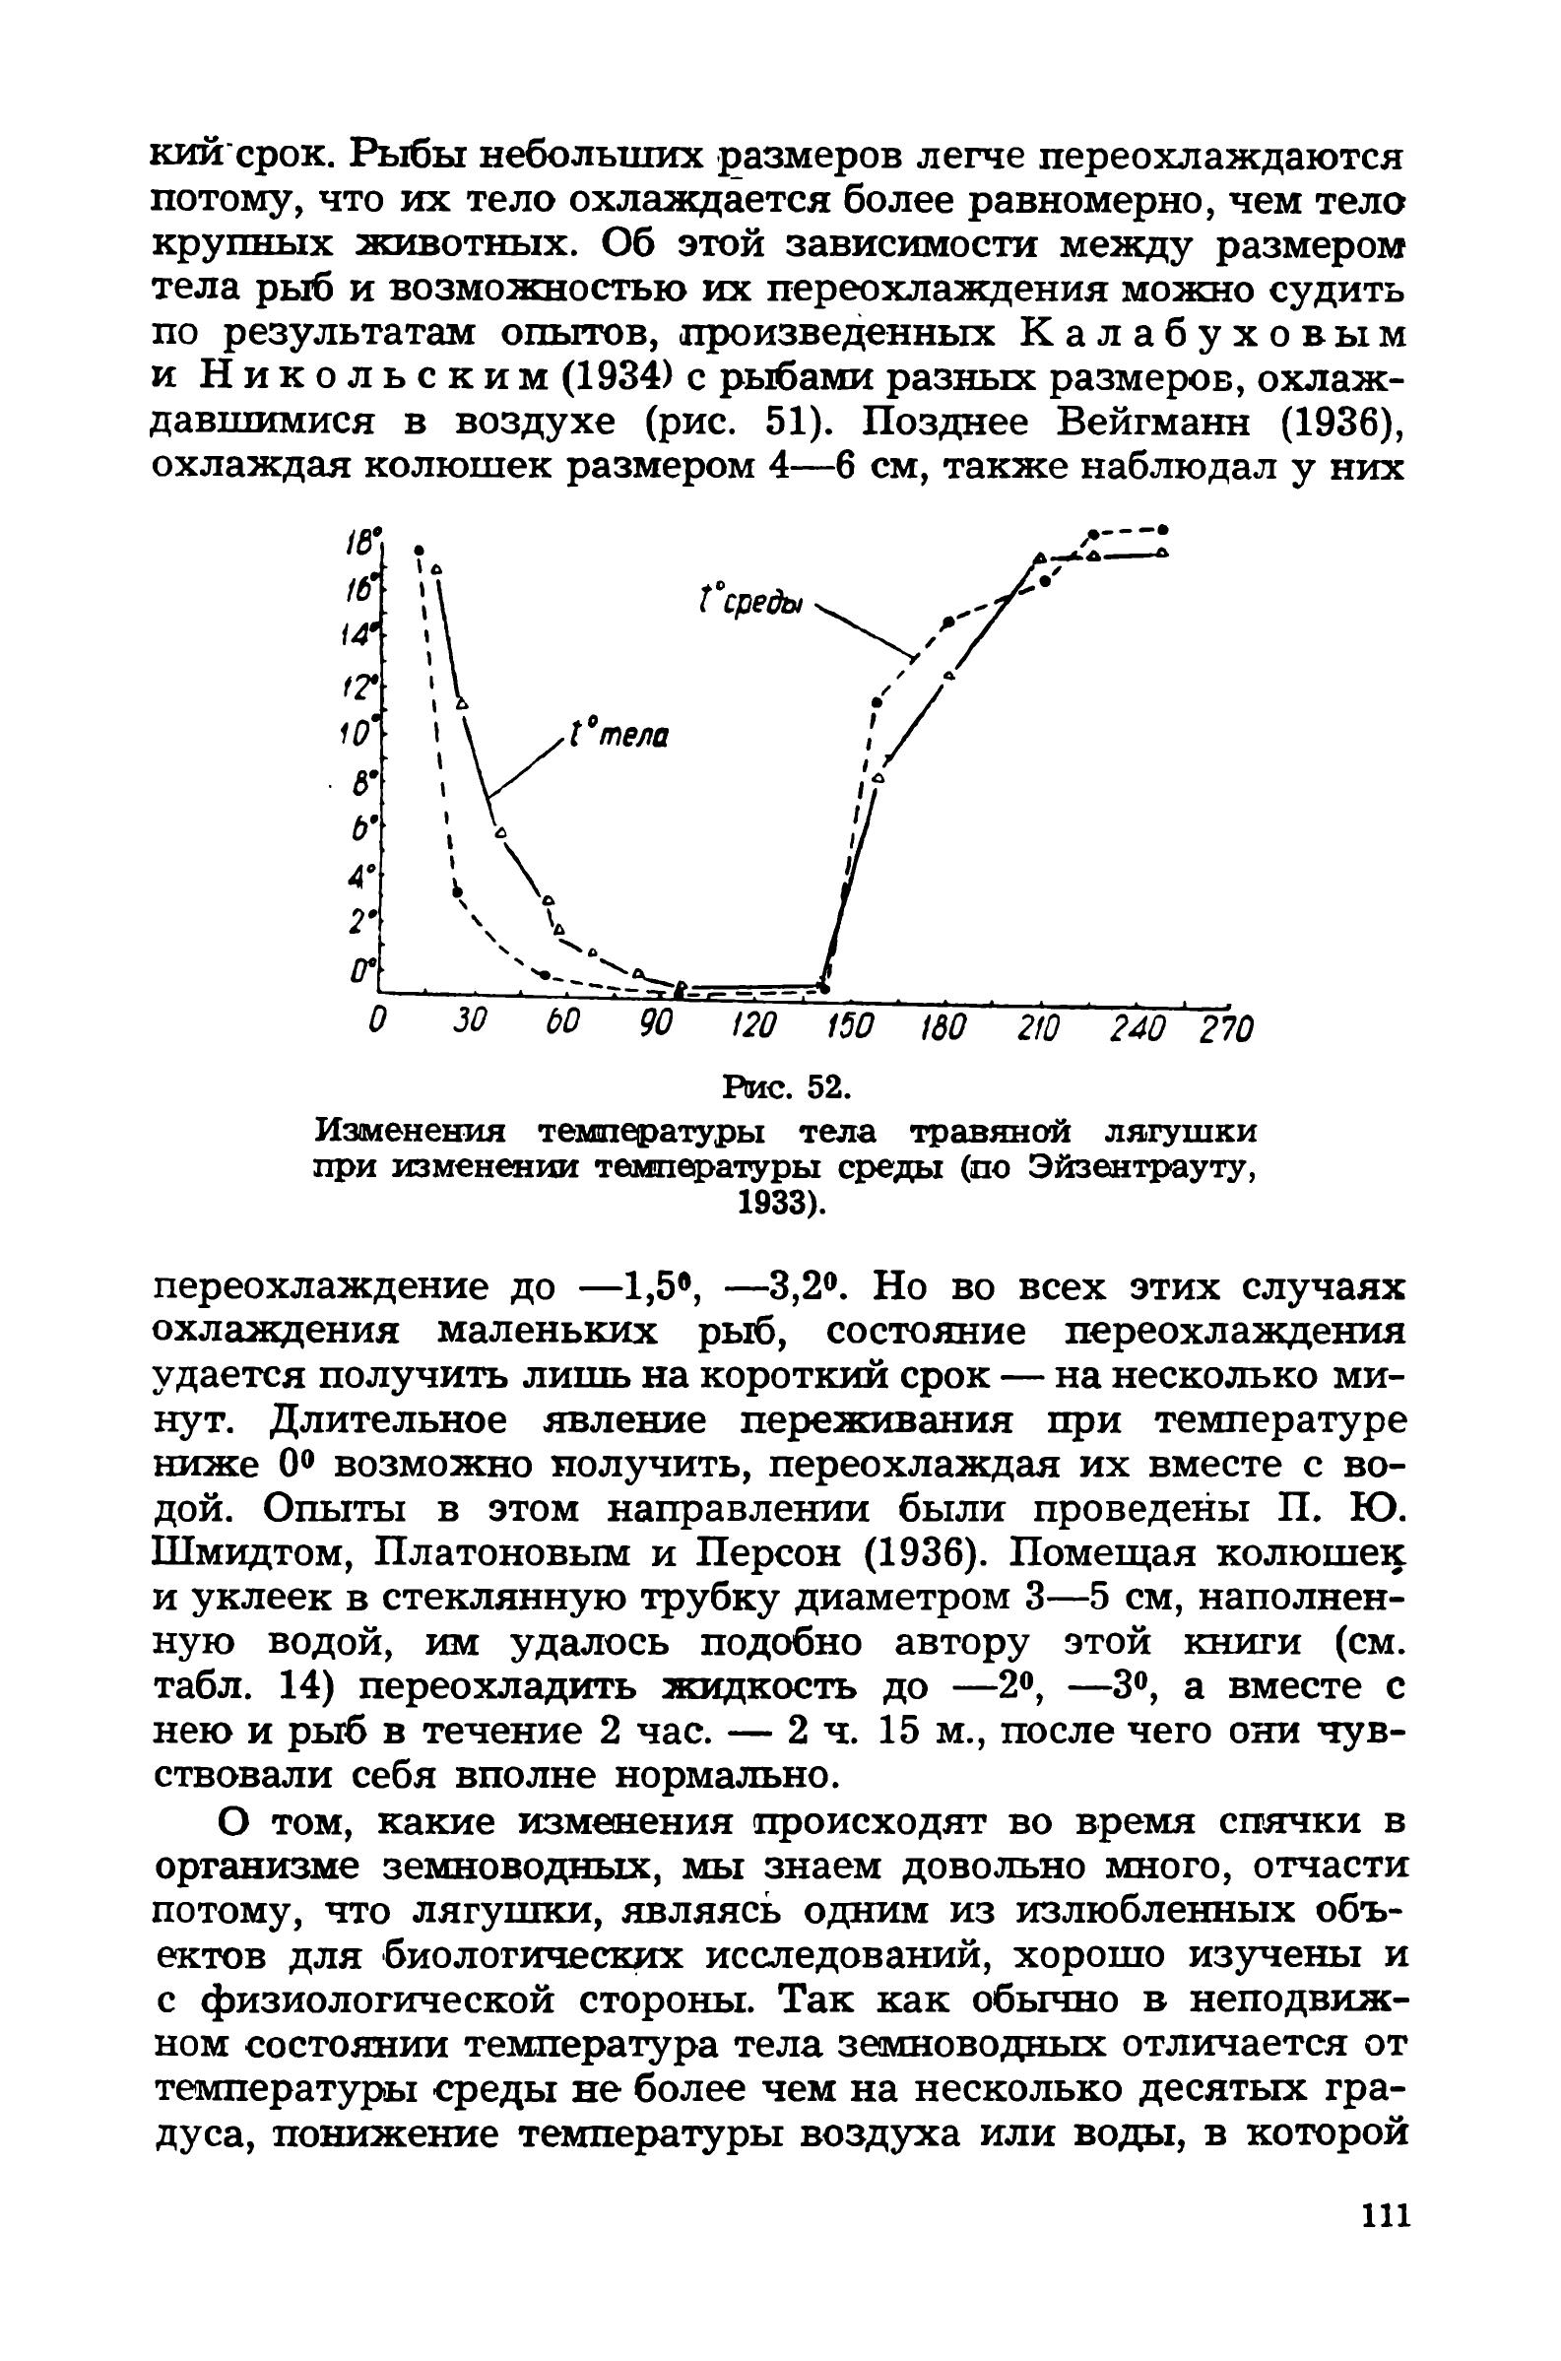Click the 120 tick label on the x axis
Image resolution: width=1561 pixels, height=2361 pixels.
pyautogui.click(x=752, y=1026)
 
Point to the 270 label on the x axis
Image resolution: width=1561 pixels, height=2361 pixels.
pyautogui.click(x=1223, y=1028)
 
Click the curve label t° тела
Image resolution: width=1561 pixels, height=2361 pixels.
pyautogui.click(x=618, y=737)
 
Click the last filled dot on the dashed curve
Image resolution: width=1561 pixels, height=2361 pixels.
pyautogui.click(x=1163, y=530)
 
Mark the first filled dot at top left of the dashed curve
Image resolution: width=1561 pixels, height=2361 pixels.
pyautogui.click(x=420, y=549)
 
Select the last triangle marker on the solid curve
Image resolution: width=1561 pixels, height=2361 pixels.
pyautogui.click(x=1163, y=553)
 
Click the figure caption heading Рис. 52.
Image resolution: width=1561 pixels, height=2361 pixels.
pyautogui.click(x=787, y=1087)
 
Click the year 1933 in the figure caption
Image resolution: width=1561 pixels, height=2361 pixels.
pyautogui.click(x=777, y=1206)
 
